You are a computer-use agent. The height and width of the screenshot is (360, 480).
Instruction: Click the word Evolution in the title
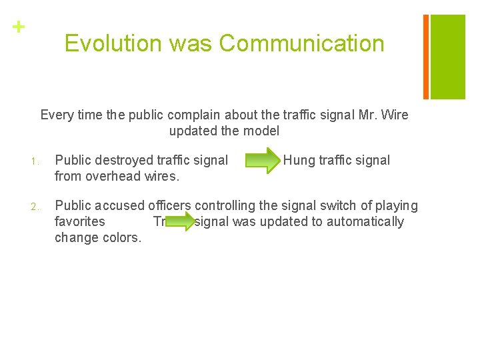113,43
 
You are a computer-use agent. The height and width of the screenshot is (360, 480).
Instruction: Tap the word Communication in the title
301,43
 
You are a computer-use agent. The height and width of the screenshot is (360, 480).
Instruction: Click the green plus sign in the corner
18,27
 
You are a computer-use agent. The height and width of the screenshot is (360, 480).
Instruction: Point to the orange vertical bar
426,56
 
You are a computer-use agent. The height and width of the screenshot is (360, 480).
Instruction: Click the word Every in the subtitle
57,115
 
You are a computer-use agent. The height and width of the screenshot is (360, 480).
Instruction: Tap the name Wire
394,115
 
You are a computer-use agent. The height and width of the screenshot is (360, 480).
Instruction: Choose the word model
261,131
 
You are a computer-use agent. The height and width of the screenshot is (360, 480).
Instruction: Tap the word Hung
300,160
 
